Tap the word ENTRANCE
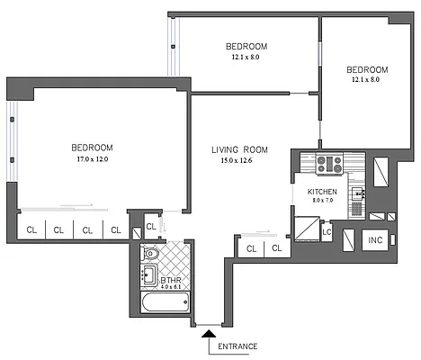click(238, 346)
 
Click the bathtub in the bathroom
click(166, 303)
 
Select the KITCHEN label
click(322, 193)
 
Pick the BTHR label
click(172, 280)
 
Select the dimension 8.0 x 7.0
click(322, 202)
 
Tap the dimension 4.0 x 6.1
click(172, 288)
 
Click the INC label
click(376, 241)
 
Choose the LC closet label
click(327, 232)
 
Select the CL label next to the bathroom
click(252, 248)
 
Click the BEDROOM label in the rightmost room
click(367, 70)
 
